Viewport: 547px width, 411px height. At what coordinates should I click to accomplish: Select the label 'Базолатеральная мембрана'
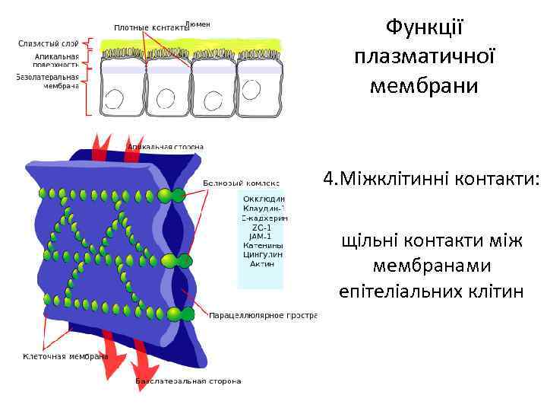click(x=47, y=81)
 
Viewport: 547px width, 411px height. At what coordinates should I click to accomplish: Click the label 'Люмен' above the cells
click(x=198, y=24)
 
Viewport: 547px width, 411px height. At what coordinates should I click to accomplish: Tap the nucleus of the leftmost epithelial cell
click(x=115, y=98)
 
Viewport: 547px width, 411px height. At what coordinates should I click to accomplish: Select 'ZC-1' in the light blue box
click(x=263, y=227)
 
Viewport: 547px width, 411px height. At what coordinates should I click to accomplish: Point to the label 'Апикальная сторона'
click(x=166, y=146)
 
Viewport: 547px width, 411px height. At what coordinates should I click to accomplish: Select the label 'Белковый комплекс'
click(x=242, y=183)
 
